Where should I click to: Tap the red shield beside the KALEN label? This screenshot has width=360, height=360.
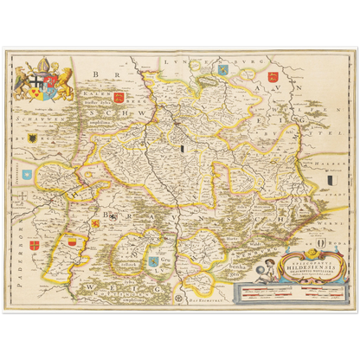119,99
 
